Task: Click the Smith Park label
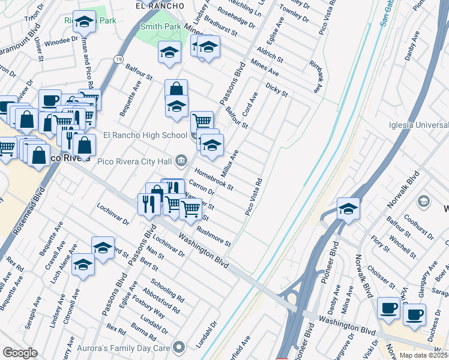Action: click(x=161, y=26)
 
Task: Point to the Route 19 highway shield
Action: click(x=118, y=59)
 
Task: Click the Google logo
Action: click(x=20, y=353)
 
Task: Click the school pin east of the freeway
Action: click(x=348, y=209)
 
